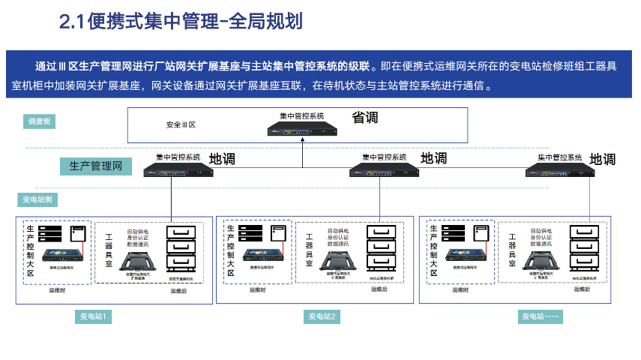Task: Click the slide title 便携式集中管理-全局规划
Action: pos(181,22)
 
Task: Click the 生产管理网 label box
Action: pos(96,166)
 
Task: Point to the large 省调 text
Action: pos(365,118)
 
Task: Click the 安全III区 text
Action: pos(181,124)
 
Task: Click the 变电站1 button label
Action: pos(95,316)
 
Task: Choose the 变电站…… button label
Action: pos(541,316)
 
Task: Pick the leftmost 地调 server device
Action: pos(178,169)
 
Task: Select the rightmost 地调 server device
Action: pos(560,169)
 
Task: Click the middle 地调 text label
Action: pos(433,158)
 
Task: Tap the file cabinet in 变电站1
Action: pos(182,250)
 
